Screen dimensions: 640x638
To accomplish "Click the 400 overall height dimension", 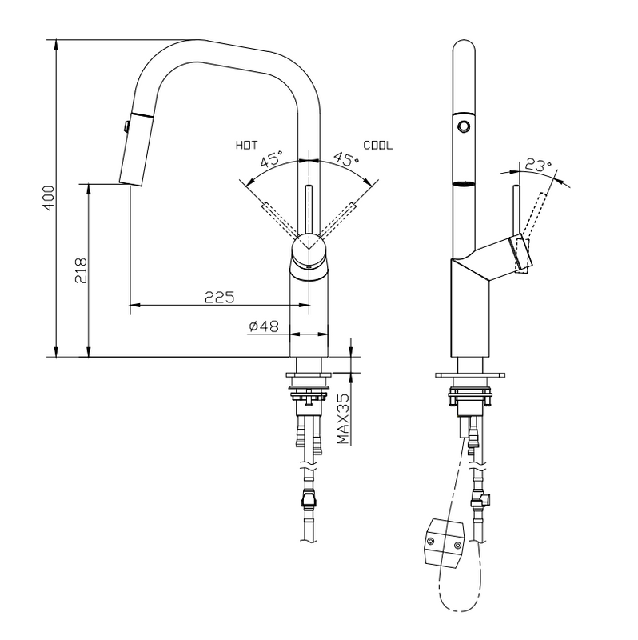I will click(x=48, y=197).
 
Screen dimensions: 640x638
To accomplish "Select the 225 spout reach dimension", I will click(x=219, y=297).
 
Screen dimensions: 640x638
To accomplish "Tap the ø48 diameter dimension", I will click(x=262, y=326).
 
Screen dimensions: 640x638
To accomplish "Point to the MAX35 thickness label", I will click(x=344, y=418).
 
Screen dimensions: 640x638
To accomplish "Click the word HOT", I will click(x=247, y=146).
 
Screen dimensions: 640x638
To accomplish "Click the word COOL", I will click(x=378, y=146).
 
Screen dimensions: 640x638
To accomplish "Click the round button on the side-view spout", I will click(x=463, y=126).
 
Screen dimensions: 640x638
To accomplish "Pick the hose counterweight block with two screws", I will click(x=445, y=539).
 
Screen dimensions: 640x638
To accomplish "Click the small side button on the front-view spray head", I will click(x=126, y=126).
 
